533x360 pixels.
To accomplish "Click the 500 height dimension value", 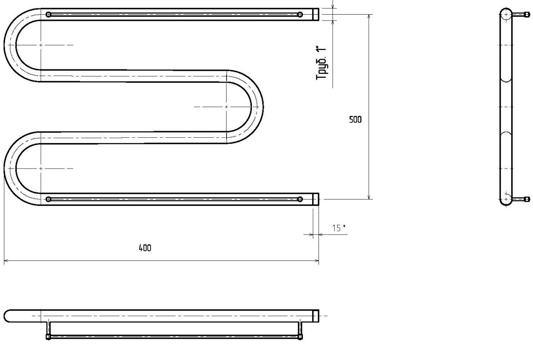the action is point(355,120).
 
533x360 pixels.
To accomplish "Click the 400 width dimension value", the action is point(145,248).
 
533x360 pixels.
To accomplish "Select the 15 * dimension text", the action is point(339,228).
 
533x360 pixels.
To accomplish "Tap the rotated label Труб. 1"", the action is point(321,63).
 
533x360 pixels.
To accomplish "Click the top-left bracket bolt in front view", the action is point(48,15).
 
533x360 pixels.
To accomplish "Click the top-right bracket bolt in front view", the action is point(300,15).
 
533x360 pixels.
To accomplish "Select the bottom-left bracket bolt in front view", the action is point(48,199).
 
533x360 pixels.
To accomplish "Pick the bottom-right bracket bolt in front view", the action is point(300,199).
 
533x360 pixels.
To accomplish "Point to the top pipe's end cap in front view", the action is point(316,15).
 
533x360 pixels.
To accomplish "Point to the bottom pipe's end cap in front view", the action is point(316,199).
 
